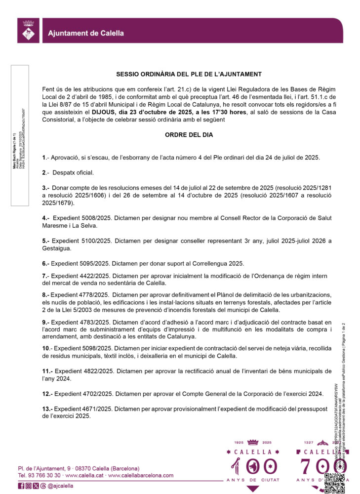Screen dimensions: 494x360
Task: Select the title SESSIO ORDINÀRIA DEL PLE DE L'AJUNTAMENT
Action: (x=189, y=74)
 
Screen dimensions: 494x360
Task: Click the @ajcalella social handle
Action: (x=60, y=486)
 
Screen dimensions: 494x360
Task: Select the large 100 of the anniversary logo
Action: (x=252, y=467)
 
